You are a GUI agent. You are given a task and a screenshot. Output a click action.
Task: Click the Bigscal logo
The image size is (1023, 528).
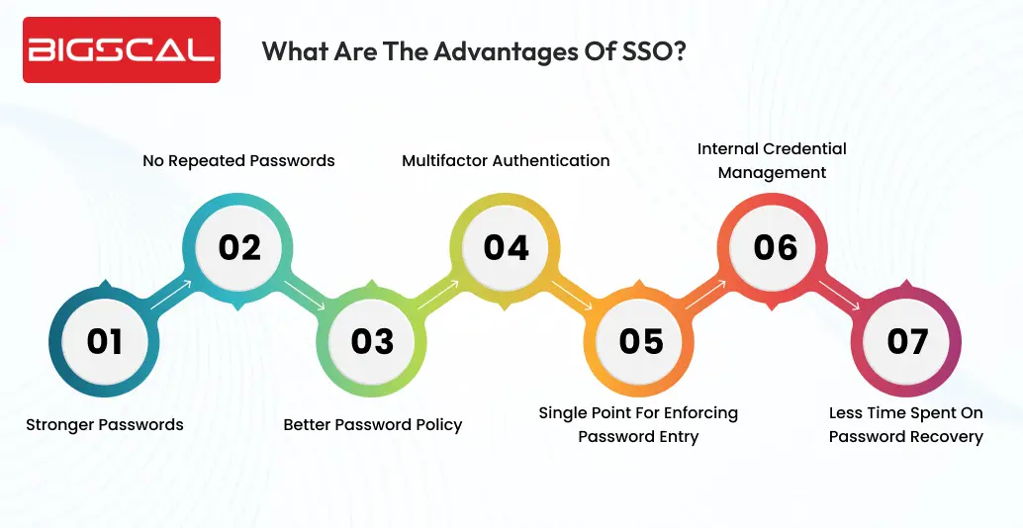tap(122, 49)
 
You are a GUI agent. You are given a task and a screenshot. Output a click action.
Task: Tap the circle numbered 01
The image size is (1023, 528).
tap(105, 341)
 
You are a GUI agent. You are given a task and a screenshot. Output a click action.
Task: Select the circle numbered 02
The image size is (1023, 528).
tap(239, 246)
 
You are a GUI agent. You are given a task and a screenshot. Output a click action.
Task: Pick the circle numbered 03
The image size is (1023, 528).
tap(372, 341)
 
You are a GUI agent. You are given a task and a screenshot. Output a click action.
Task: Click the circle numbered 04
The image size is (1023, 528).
tap(507, 246)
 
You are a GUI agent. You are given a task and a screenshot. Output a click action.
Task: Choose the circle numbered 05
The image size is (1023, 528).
tap(641, 341)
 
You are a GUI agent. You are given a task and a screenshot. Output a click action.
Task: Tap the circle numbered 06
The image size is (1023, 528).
tap(775, 246)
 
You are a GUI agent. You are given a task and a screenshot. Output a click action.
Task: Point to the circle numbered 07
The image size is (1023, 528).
tap(907, 341)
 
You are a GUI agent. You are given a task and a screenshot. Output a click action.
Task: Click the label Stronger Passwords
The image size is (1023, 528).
tap(105, 424)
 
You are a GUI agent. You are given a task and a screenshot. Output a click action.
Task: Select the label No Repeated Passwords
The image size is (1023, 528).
tap(238, 160)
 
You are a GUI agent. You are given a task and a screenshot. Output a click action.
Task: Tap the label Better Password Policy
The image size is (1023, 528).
tap(373, 424)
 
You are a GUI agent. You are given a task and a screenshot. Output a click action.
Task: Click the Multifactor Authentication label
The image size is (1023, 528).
tap(506, 160)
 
